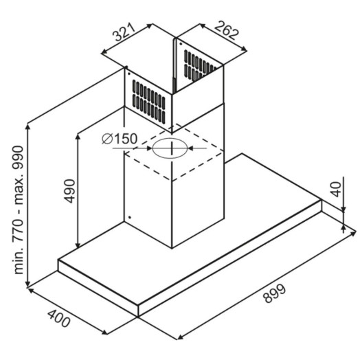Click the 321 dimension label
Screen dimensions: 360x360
(124, 32)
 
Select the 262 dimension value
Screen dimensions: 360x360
(227, 30)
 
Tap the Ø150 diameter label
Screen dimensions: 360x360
(120, 139)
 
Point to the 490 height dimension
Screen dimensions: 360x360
(69, 191)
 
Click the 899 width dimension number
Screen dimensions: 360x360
(275, 293)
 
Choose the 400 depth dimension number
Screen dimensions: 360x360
(58, 319)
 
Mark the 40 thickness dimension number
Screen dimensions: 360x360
(336, 189)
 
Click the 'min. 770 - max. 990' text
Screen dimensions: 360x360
(18, 210)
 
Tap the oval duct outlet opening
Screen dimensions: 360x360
(170, 148)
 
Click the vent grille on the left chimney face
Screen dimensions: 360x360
(149, 101)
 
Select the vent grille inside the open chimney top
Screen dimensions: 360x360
(199, 66)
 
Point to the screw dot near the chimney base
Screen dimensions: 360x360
(129, 217)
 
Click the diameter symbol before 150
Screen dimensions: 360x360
(107, 139)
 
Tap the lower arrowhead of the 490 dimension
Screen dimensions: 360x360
(78, 245)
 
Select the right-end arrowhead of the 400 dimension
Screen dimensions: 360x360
(104, 333)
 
